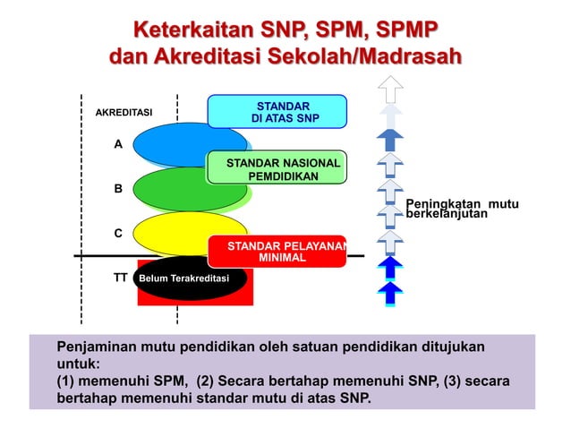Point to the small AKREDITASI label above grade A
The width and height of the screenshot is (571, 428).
coord(124,113)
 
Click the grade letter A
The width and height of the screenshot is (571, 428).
coord(118,144)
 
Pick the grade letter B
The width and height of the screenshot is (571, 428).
coord(118,189)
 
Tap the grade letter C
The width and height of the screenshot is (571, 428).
coord(118,233)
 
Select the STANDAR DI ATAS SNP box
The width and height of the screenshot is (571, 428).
coord(277,112)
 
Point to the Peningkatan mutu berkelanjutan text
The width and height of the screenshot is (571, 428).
coord(462,210)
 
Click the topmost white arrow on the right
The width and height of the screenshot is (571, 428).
coord(391,90)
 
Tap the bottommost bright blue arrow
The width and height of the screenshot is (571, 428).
coord(390,293)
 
